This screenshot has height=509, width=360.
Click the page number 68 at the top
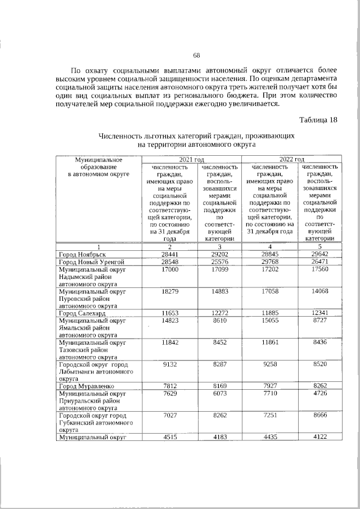click(196, 55)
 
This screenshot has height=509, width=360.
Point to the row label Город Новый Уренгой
click(91, 262)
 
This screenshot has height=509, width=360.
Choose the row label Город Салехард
click(83, 313)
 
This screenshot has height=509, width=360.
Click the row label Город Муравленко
click(86, 386)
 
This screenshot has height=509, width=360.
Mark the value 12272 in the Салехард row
click(219, 313)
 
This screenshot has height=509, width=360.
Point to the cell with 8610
click(219, 321)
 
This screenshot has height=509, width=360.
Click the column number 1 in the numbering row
click(98, 246)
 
